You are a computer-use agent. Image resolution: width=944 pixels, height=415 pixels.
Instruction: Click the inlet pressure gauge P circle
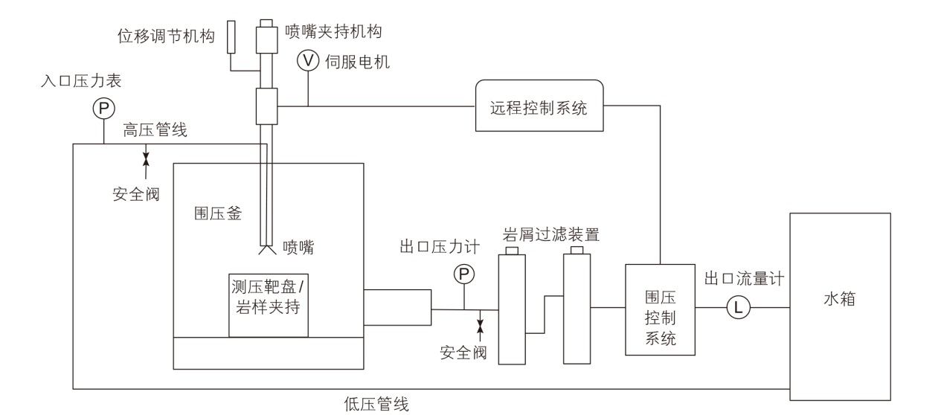103,109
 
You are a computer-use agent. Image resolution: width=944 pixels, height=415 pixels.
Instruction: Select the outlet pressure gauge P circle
463,275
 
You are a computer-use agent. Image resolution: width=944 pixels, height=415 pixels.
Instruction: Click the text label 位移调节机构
168,35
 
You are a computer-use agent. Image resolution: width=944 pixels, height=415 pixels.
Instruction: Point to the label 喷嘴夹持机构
334,31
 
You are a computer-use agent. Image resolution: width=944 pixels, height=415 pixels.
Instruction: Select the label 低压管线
376,405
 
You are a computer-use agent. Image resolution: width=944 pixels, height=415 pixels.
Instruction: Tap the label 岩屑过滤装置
552,235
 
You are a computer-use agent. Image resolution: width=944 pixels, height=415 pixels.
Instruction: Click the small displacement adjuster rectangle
231,36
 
